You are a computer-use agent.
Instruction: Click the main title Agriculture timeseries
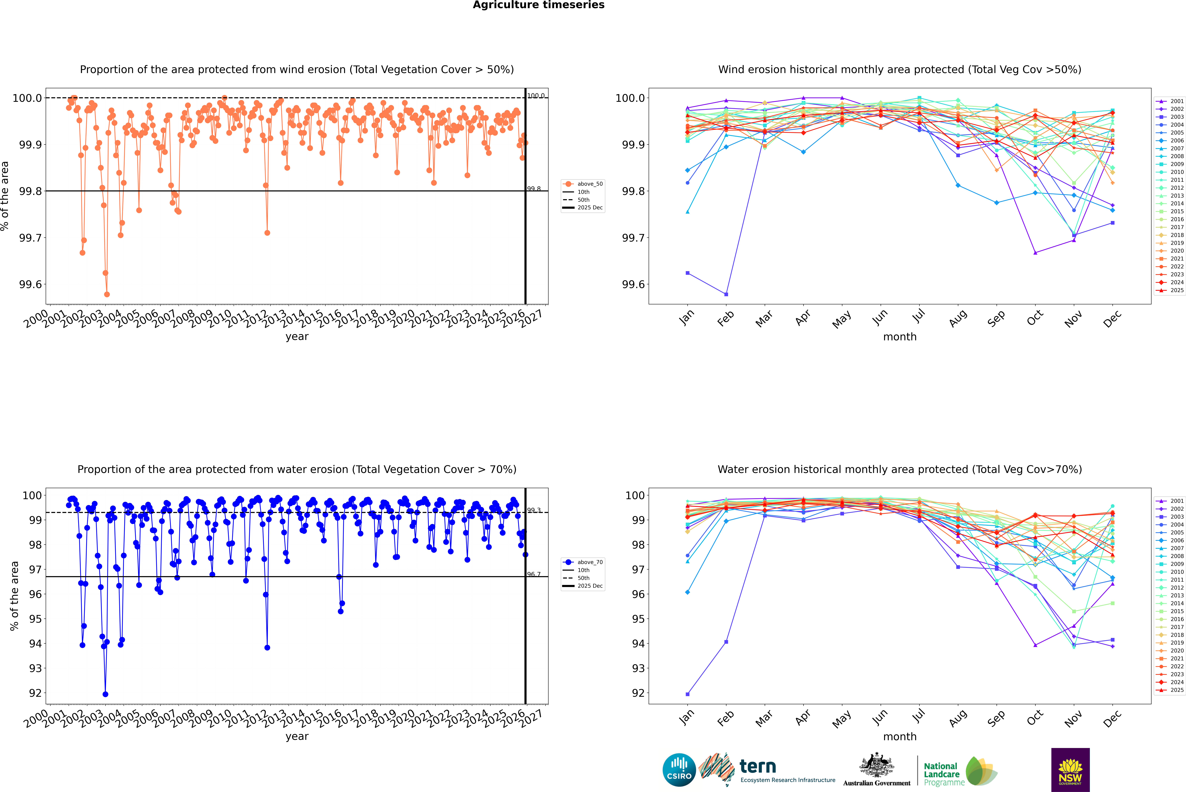pos(538,5)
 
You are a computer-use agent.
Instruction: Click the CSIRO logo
pos(679,770)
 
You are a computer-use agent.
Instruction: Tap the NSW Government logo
pos(1070,770)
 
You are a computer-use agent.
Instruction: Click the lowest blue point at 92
pos(105,694)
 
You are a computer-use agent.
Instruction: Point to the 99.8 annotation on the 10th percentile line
pos(534,189)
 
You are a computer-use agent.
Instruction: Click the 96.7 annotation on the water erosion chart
pos(534,574)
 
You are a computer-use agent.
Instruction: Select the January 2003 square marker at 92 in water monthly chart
pos(688,694)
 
